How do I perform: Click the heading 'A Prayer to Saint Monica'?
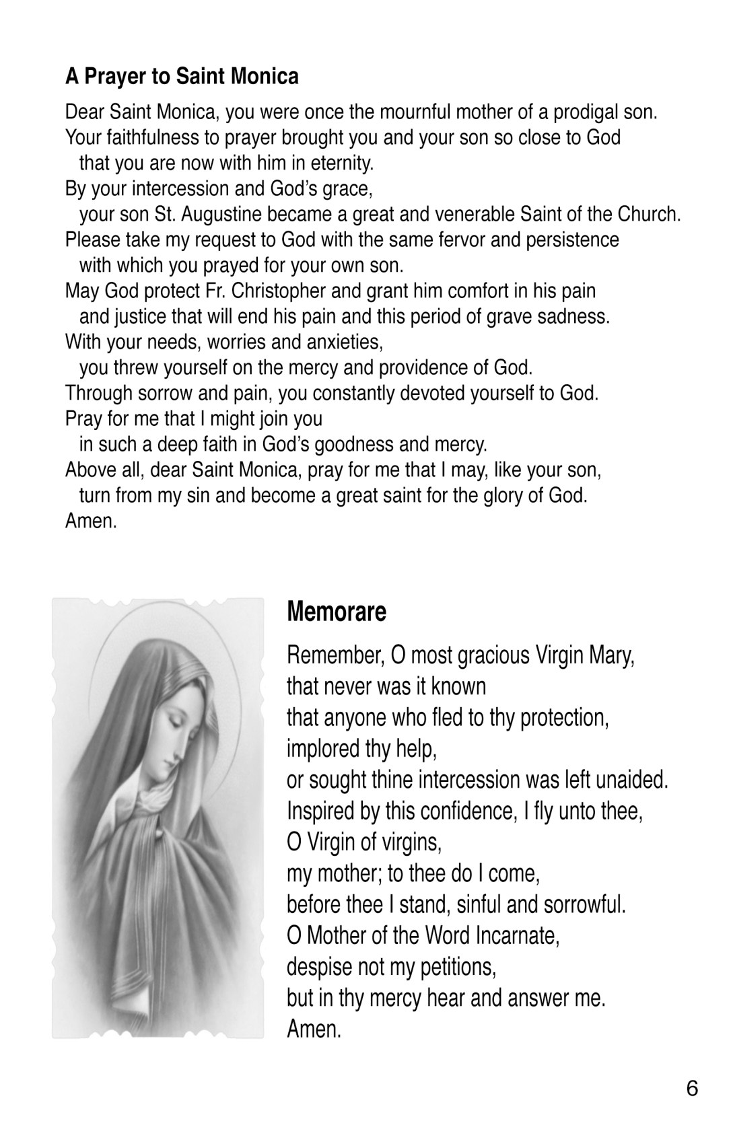[x=182, y=76]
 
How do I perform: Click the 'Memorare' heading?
[x=337, y=612]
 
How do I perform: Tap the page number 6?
[x=692, y=1089]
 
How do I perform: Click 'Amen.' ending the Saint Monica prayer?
[x=91, y=521]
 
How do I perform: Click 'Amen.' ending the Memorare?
[x=314, y=1029]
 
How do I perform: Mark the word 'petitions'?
[x=458, y=967]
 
